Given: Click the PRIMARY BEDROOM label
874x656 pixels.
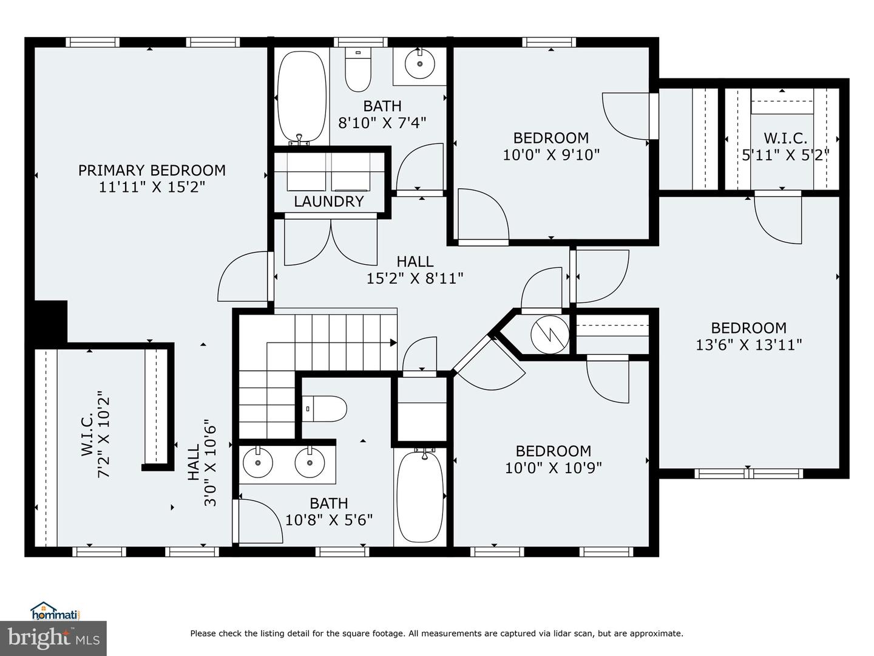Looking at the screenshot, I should click(152, 170).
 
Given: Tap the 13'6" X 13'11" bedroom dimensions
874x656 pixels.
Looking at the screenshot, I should click(748, 345).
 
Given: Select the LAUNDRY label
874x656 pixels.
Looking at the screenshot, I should click(328, 202).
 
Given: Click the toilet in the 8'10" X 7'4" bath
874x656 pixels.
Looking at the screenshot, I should click(357, 69).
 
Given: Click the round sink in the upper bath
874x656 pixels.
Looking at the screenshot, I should click(419, 62).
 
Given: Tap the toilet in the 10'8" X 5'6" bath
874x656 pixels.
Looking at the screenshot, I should click(325, 408).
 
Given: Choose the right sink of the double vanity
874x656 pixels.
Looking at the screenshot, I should click(310, 463).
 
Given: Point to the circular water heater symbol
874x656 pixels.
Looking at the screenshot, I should click(549, 334).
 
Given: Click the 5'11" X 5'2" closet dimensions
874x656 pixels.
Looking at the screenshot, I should click(785, 155).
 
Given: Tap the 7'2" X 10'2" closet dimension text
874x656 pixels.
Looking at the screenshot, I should click(105, 435).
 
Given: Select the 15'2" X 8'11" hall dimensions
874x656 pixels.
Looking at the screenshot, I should click(415, 278).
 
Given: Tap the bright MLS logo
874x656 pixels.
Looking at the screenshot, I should click(53, 638).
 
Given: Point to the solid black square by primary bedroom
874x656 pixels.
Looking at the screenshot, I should click(50, 321).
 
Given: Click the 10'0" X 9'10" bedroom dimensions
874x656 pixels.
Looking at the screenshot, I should click(551, 155).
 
